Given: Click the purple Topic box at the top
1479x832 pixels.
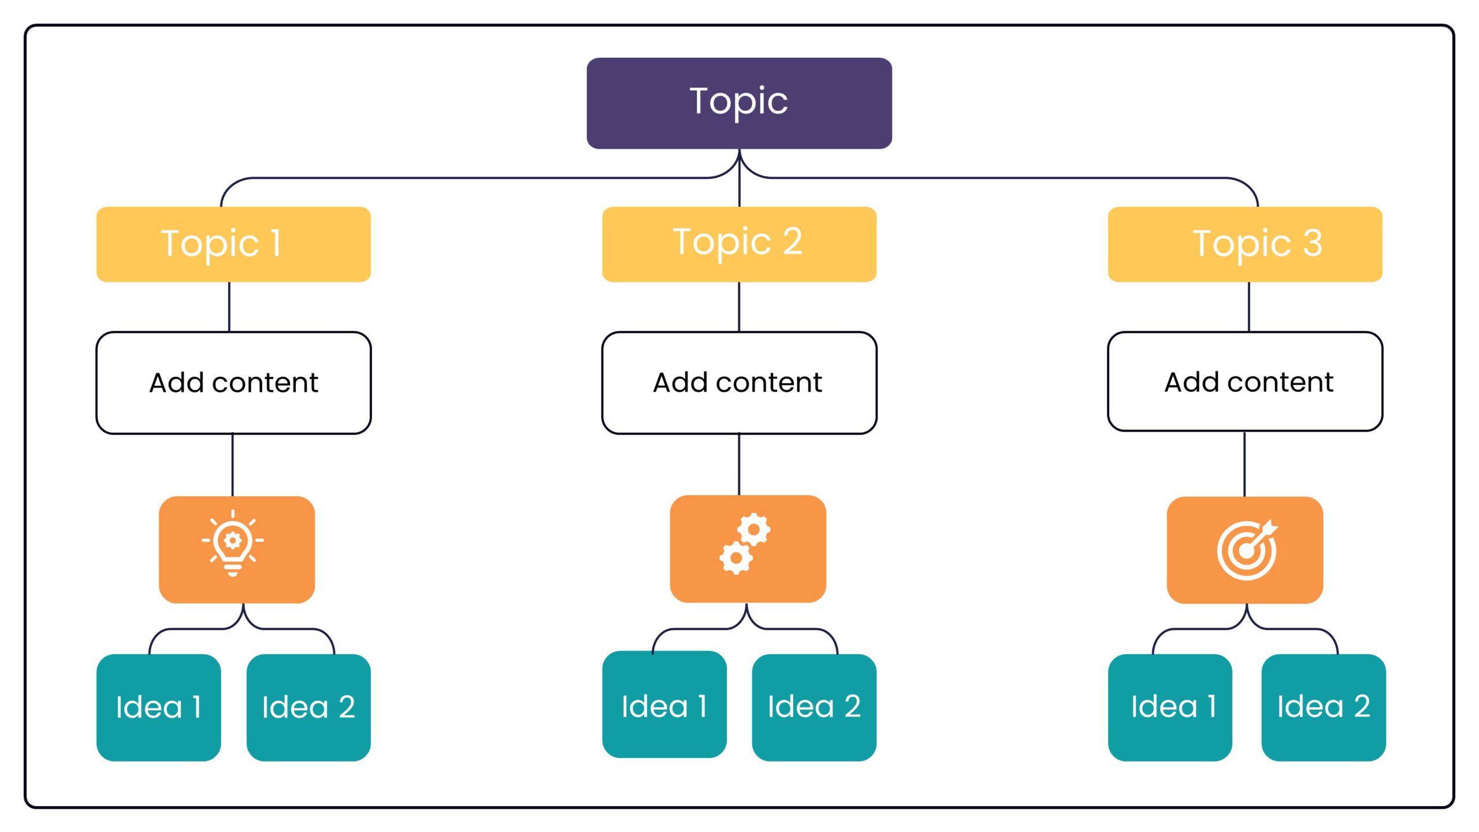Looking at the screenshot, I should tap(739, 103).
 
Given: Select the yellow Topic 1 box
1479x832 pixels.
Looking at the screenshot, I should tap(233, 244).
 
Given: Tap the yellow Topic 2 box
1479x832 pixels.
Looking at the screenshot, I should tap(739, 244).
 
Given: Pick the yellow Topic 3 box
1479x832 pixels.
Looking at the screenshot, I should tap(1244, 244).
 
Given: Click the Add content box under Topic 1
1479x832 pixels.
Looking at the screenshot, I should tap(233, 382).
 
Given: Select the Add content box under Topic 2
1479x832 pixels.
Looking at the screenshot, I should tap(739, 382).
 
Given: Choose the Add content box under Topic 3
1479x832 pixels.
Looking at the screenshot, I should tap(1244, 381).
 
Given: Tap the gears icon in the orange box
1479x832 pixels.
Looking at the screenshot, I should tap(745, 544).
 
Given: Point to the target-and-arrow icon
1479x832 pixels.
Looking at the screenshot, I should tap(1247, 549).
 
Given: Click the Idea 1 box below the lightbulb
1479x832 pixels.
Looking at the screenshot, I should tap(158, 707).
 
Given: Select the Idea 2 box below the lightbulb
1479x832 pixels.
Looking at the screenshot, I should tap(309, 707).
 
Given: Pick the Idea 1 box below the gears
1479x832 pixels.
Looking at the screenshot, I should tap(664, 705).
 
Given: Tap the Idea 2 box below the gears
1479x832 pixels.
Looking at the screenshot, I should tap(814, 707).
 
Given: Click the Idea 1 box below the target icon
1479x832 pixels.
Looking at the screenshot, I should tap(1170, 707).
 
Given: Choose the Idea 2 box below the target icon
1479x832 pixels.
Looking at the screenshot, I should tap(1323, 707).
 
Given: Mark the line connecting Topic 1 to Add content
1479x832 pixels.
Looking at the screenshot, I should tap(229, 307).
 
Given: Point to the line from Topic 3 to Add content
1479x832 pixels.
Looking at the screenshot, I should tap(1249, 307).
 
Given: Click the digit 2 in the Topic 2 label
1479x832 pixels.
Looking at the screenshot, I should tap(793, 241).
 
